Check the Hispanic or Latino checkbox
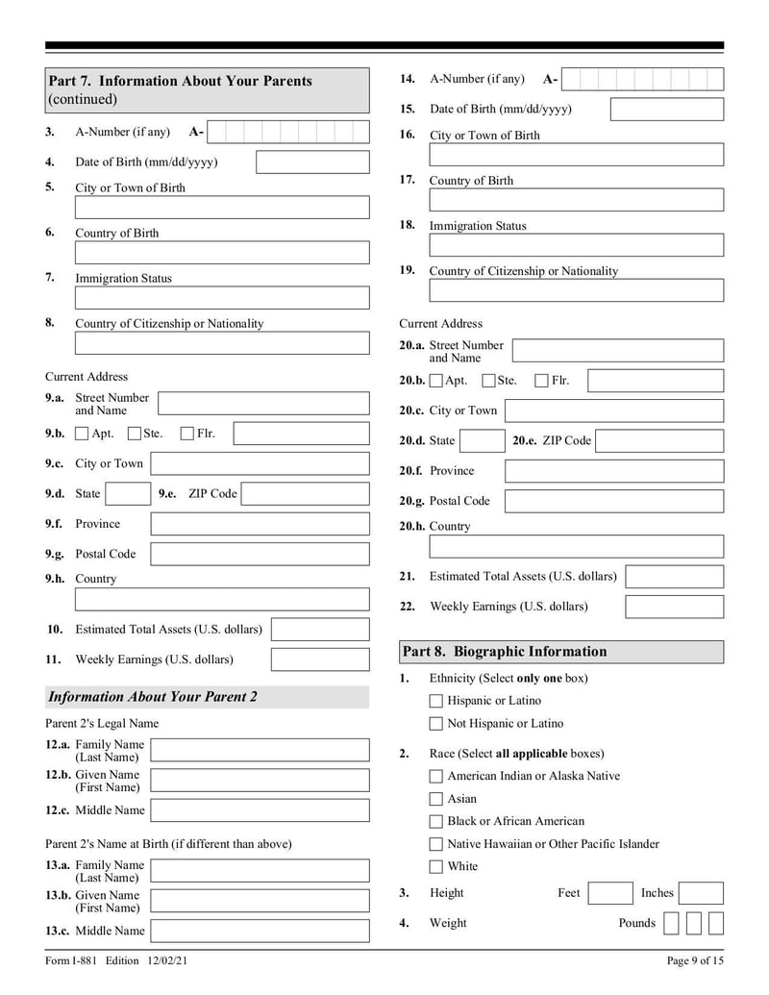(x=436, y=701)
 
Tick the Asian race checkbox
(x=436, y=799)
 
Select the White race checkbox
(x=436, y=866)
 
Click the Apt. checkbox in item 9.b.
(x=83, y=434)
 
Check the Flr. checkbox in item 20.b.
(x=541, y=381)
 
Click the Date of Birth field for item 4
(x=311, y=162)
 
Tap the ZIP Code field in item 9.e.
(x=304, y=494)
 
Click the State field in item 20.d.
(x=482, y=441)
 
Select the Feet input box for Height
(x=609, y=893)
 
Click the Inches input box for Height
(x=701, y=893)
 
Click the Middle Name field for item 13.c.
(x=260, y=931)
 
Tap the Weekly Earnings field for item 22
(x=674, y=607)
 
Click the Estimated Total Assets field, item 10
(x=319, y=630)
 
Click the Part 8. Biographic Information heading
(x=505, y=652)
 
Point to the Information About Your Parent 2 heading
(x=153, y=697)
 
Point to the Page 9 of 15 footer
(x=694, y=961)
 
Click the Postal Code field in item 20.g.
(x=613, y=501)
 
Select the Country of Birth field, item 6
(x=221, y=253)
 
